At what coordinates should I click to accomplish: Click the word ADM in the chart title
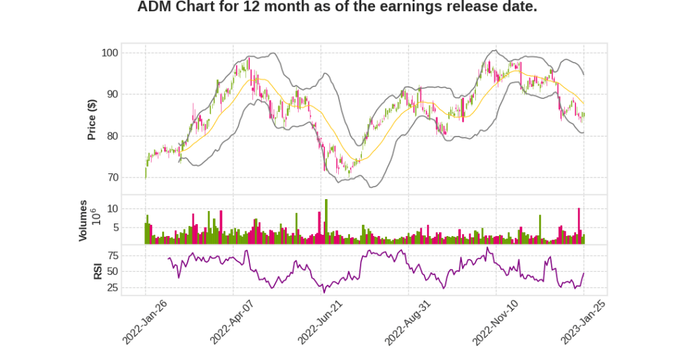[154, 7]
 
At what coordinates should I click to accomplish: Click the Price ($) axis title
[92, 119]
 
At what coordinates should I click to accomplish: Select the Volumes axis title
[83, 220]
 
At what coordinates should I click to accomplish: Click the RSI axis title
[98, 270]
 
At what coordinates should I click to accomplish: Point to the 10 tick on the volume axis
[112, 208]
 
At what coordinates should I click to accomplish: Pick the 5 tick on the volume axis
[115, 227]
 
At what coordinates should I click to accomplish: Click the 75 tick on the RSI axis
[112, 255]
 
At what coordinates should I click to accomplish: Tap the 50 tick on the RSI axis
[112, 271]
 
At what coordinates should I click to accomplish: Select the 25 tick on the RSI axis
[112, 287]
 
